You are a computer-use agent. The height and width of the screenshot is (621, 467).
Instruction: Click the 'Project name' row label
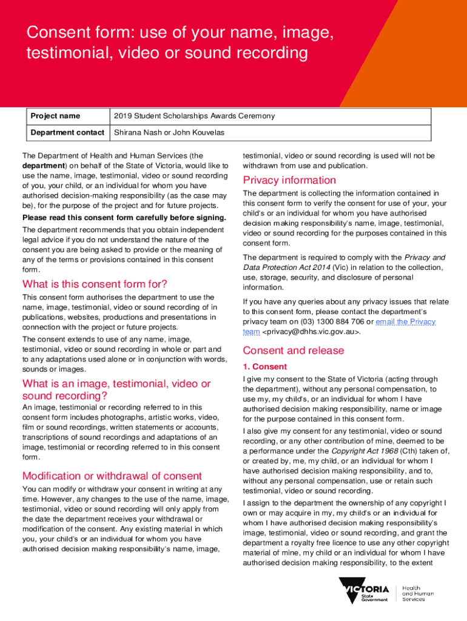point(55,116)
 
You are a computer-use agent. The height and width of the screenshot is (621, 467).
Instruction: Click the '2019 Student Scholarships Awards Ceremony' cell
point(194,116)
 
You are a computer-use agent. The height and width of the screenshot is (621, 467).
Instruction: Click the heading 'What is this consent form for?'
point(95,284)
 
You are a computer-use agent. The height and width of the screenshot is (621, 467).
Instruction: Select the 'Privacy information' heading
point(289,180)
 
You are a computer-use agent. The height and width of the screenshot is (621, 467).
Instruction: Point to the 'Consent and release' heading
point(293,351)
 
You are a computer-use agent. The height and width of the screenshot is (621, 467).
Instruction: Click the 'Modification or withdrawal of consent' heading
point(112,475)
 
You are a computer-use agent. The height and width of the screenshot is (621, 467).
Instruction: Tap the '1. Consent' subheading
point(265,367)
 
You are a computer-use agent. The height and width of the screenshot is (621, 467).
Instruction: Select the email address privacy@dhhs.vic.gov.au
point(311,332)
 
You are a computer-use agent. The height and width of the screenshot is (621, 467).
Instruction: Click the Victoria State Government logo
point(364,592)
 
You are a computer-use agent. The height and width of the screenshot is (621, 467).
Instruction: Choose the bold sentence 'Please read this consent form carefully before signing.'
point(124,218)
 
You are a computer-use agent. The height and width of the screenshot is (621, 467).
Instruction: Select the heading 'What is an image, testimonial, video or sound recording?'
point(116,389)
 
